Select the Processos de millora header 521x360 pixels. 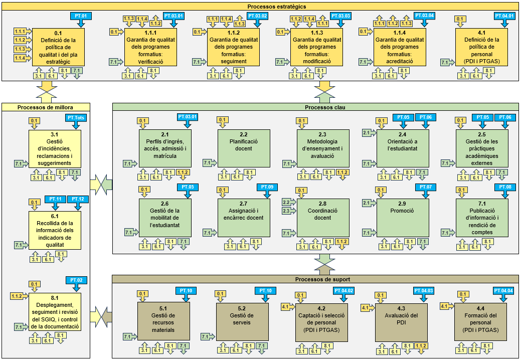(x=46, y=107)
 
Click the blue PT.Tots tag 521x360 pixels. (x=77, y=117)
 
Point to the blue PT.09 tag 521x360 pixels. (x=267, y=187)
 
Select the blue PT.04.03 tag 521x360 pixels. (x=424, y=291)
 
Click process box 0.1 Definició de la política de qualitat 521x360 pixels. (x=58, y=48)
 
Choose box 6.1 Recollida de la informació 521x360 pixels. (x=55, y=231)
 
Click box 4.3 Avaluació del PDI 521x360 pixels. (x=403, y=321)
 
